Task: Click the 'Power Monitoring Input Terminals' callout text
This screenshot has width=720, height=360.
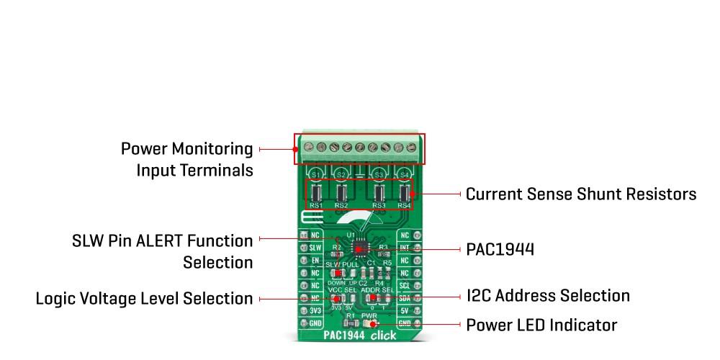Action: (186, 160)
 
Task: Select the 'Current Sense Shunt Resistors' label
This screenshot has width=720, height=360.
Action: (580, 194)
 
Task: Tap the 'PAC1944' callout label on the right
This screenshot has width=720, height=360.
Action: (500, 250)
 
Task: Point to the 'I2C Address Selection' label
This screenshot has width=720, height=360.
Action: (547, 296)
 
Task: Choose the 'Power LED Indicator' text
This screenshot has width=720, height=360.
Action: (541, 325)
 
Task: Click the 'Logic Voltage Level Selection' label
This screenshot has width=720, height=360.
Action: (144, 298)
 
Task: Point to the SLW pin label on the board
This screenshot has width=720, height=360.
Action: (315, 248)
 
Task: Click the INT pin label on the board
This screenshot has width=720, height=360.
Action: (405, 248)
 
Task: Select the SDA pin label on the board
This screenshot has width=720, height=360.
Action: (405, 298)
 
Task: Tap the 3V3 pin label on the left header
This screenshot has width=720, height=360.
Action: (315, 311)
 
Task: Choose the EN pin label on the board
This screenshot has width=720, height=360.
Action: (315, 260)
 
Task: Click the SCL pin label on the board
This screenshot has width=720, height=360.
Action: (405, 286)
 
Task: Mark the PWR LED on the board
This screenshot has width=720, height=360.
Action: (369, 324)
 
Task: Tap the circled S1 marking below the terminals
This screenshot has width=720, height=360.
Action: (315, 174)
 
